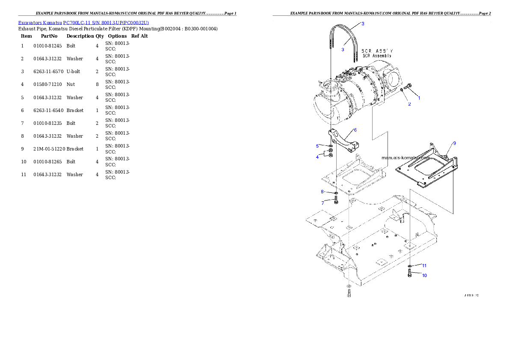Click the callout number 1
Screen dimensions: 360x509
pos(419,98)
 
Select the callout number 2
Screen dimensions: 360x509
pos(409,104)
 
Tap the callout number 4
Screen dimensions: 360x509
pos(317,157)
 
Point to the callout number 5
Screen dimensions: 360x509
pos(317,146)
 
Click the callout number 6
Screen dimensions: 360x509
pos(355,130)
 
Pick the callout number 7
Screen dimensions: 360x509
pos(323,203)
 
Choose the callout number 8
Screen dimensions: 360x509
pos(323,191)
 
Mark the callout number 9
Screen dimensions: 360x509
pos(454,143)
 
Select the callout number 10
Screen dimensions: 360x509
pos(424,276)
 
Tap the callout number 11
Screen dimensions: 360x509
pos(424,266)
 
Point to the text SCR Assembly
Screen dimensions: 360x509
pos(376,56)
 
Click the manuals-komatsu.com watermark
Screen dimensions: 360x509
pos(405,157)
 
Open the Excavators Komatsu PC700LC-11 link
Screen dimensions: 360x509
pos(83,23)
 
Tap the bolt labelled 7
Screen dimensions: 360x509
pos(337,199)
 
